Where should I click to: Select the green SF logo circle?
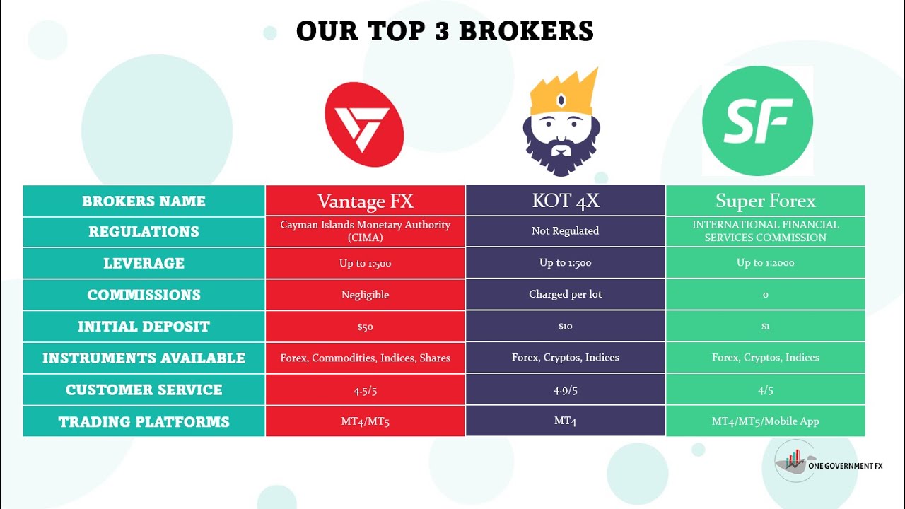pyautogui.click(x=757, y=122)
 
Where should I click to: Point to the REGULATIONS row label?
pyautogui.click(x=144, y=232)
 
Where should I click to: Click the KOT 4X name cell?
pyautogui.click(x=565, y=201)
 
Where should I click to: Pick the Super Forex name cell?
pyautogui.click(x=765, y=201)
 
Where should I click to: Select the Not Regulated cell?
pyautogui.click(x=565, y=231)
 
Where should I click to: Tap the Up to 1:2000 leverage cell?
pyautogui.click(x=765, y=263)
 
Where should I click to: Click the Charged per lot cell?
pyautogui.click(x=565, y=294)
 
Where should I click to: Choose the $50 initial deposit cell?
pyautogui.click(x=365, y=327)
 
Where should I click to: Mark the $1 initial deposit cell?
pyautogui.click(x=765, y=327)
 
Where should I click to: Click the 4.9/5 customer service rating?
pyautogui.click(x=565, y=390)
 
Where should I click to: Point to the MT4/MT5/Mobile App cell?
pyautogui.click(x=765, y=421)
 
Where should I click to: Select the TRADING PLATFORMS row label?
pyautogui.click(x=144, y=422)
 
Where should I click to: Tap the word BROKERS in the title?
pyautogui.click(x=525, y=31)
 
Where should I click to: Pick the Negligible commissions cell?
pyautogui.click(x=365, y=295)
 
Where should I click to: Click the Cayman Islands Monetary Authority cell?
pyautogui.click(x=365, y=231)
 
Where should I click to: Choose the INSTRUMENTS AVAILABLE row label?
pyautogui.click(x=144, y=358)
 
